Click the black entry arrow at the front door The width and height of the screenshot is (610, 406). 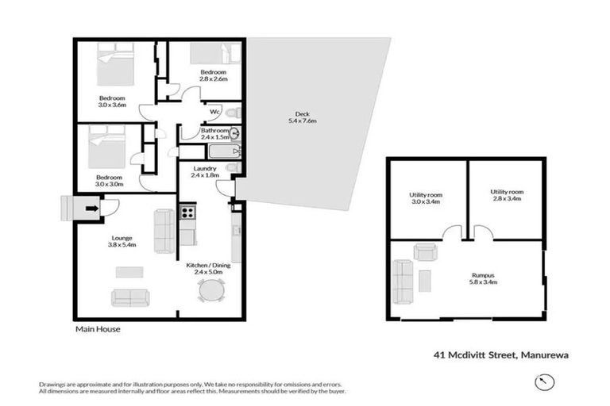point(92,209)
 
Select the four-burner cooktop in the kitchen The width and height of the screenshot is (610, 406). point(187,212)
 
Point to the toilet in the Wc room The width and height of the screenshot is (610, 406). point(233,112)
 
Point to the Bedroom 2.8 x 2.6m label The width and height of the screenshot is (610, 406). point(214,75)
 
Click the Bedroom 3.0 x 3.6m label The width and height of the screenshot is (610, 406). point(112,101)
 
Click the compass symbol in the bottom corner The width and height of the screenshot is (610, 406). point(542,382)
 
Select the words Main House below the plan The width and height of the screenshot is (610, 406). point(97,328)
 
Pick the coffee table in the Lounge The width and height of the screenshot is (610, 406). point(129,272)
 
